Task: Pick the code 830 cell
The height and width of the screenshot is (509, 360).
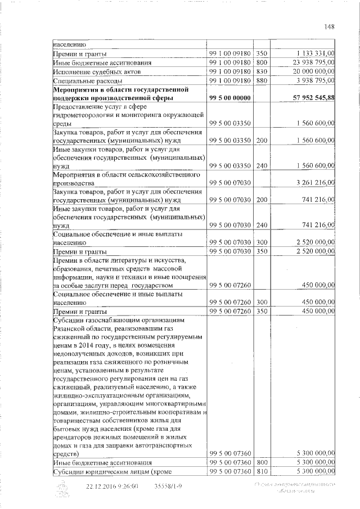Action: click(x=261, y=71)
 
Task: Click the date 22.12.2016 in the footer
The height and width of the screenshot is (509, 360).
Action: click(x=102, y=485)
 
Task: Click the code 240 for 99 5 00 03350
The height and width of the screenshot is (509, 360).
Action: click(x=261, y=165)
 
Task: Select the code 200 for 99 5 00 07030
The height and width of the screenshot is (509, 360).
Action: click(x=261, y=200)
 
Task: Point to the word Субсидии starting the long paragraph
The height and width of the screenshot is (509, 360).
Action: click(x=70, y=319)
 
